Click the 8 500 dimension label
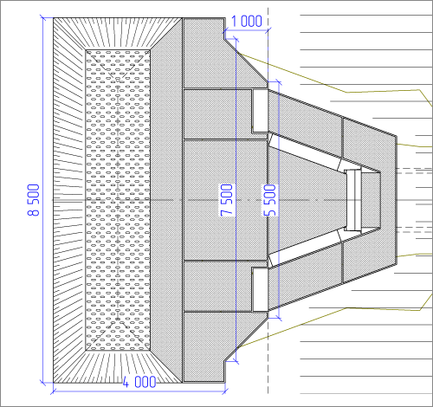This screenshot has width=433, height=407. [x=34, y=200]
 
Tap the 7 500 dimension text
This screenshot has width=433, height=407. [x=227, y=200]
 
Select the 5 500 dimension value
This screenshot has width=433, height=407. [x=270, y=200]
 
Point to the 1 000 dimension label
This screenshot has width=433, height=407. [x=247, y=21]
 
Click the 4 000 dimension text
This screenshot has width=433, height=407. [x=139, y=382]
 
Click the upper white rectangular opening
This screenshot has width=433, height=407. [x=261, y=111]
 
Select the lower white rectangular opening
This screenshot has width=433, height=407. [x=261, y=289]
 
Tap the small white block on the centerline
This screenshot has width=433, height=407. [x=353, y=200]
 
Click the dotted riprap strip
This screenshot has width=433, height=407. [x=118, y=200]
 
